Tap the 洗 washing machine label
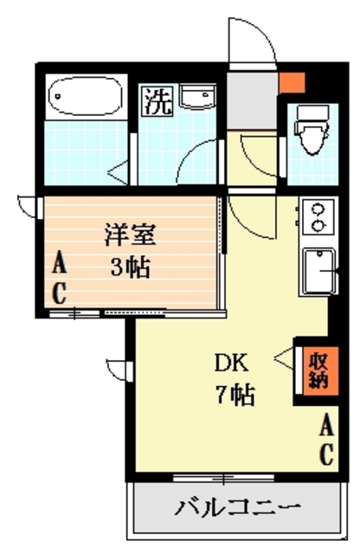(157, 102)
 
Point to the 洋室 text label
(131, 235)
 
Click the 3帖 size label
(131, 266)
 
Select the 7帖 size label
(234, 396)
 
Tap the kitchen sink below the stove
(318, 271)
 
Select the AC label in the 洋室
(58, 276)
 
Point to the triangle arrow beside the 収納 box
(283, 355)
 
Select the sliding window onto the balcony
(209, 477)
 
